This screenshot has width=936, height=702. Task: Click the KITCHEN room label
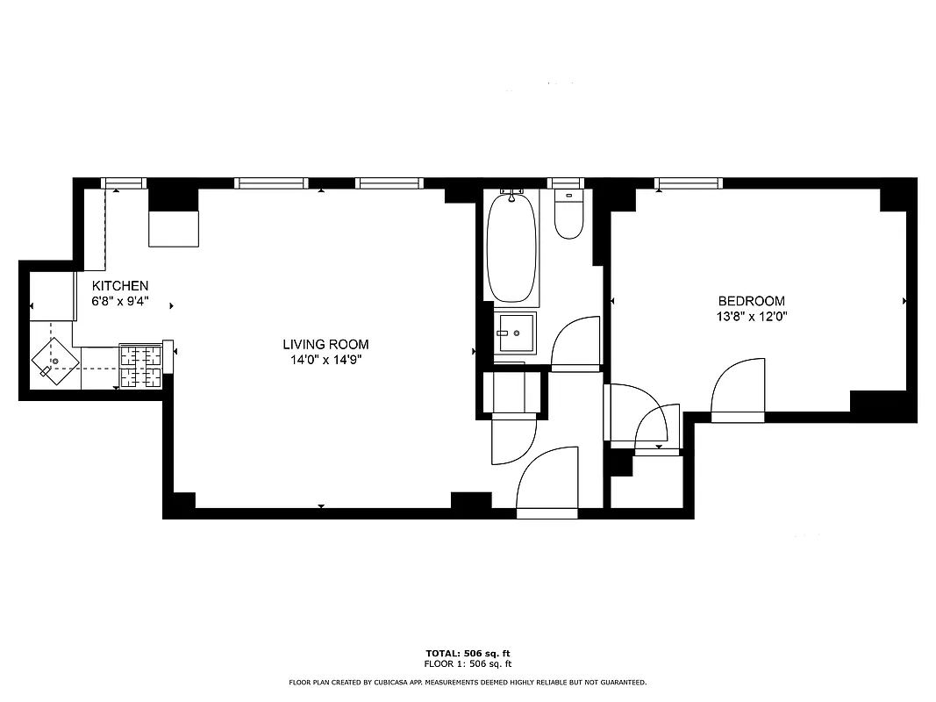121,286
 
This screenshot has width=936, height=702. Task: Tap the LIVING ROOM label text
325,345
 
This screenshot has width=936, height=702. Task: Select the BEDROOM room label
752,301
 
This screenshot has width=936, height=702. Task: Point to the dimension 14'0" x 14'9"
325,359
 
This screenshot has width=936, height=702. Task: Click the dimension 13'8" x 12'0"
752,316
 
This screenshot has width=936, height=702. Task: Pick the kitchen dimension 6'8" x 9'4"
121,301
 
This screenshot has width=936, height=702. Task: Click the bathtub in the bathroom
511,247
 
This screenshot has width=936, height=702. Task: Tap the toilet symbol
568,216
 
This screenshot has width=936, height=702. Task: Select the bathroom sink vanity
515,334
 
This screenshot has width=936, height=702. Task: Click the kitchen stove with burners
140,366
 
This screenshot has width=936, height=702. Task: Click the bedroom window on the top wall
689,183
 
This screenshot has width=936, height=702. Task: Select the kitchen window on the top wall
123,183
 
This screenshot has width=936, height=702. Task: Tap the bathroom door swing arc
574,342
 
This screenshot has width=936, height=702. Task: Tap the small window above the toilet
567,183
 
